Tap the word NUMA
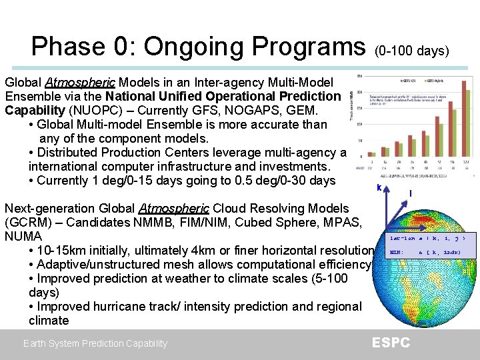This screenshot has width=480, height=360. pyautogui.click(x=23, y=237)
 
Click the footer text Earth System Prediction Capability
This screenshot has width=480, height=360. pyautogui.click(x=95, y=343)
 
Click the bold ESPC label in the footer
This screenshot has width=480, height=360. pyautogui.click(x=391, y=343)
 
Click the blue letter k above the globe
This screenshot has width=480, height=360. pyautogui.click(x=379, y=188)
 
